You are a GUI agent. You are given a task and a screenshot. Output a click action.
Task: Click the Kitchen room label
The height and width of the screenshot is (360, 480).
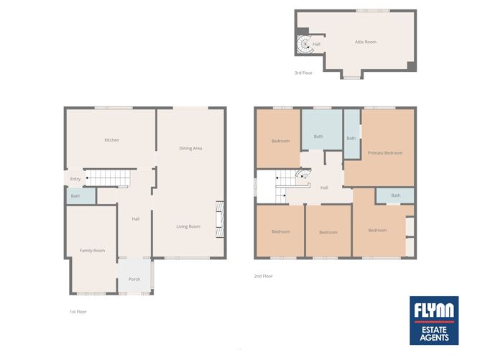pyautogui.click(x=111, y=140)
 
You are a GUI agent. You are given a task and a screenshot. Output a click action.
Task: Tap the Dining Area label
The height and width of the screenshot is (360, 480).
pyautogui.click(x=190, y=149)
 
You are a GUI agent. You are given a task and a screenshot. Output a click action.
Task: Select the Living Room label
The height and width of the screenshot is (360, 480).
pyautogui.click(x=189, y=226)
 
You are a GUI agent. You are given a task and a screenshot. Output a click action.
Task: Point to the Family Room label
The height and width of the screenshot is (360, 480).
pyautogui.click(x=92, y=251)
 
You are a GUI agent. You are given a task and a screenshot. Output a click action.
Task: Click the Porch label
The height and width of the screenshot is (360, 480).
pyautogui.click(x=134, y=280)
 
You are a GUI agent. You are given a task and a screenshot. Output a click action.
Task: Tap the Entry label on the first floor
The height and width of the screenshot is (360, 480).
pyautogui.click(x=75, y=179)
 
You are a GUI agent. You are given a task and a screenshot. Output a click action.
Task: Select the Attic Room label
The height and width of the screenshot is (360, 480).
pyautogui.click(x=365, y=42)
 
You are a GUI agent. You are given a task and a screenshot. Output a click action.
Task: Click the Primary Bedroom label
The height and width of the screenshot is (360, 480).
pyautogui.click(x=384, y=153)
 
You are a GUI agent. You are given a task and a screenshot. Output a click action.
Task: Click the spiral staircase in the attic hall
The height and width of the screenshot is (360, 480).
pyautogui.click(x=305, y=45)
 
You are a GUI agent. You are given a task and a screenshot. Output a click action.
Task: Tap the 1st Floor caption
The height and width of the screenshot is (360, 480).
pyautogui.click(x=78, y=312)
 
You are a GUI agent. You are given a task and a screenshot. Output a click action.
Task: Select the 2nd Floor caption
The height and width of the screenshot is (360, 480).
pyautogui.click(x=263, y=276)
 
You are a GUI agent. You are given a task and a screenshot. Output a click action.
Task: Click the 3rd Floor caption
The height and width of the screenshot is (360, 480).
pyautogui.click(x=303, y=73)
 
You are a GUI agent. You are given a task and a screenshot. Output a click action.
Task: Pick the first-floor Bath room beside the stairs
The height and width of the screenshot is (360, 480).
pyautogui.click(x=75, y=196)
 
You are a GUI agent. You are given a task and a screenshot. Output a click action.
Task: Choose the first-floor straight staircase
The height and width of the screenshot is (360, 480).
pyautogui.click(x=106, y=177)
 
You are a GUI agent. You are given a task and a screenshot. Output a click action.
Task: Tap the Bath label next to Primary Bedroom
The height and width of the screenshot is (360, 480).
pyautogui.click(x=351, y=138)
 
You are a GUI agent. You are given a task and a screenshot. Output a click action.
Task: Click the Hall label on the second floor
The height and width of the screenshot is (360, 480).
pyautogui.click(x=324, y=188)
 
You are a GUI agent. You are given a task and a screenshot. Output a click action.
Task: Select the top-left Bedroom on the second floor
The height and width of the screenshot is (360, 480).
pyautogui.click(x=280, y=141)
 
